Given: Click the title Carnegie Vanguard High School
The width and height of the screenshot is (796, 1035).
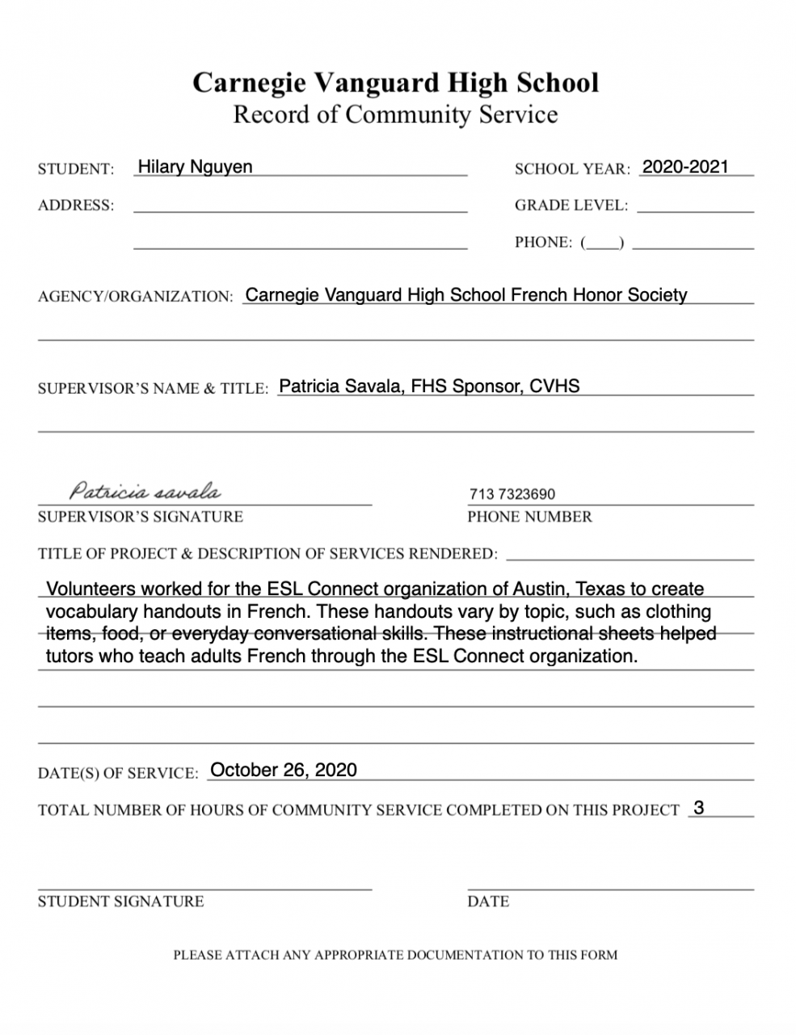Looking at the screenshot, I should pyautogui.click(x=395, y=82).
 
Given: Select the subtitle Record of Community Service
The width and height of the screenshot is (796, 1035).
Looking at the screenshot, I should pyautogui.click(x=395, y=115).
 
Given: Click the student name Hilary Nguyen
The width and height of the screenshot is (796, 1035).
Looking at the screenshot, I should pyautogui.click(x=195, y=167).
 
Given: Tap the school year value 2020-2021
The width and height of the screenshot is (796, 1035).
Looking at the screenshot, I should pyautogui.click(x=685, y=167).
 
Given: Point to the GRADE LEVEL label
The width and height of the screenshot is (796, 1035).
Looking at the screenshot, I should pyautogui.click(x=571, y=205).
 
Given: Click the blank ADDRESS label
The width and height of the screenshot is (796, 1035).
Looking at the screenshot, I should pyautogui.click(x=76, y=205).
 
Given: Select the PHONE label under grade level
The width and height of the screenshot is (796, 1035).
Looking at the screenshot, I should pyautogui.click(x=543, y=243).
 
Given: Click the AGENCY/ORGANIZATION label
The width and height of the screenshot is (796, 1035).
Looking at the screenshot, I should pyautogui.click(x=135, y=297).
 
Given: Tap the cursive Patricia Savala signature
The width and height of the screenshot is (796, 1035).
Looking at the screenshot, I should pyautogui.click(x=145, y=491).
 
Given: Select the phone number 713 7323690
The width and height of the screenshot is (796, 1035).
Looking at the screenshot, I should pyautogui.click(x=512, y=494).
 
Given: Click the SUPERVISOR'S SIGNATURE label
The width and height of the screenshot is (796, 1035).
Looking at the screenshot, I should pyautogui.click(x=140, y=517).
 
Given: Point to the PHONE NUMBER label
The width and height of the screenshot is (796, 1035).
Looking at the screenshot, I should pyautogui.click(x=529, y=517).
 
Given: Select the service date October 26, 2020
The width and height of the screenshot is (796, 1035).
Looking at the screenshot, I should pyautogui.click(x=283, y=770).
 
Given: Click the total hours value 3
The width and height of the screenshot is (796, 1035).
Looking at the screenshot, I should pyautogui.click(x=699, y=808).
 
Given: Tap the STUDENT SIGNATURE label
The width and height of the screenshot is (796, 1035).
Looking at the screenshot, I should pyautogui.click(x=120, y=902).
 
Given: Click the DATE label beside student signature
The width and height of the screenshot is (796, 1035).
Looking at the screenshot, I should pyautogui.click(x=488, y=902).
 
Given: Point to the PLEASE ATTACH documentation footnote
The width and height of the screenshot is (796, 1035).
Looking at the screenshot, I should pyautogui.click(x=395, y=955).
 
